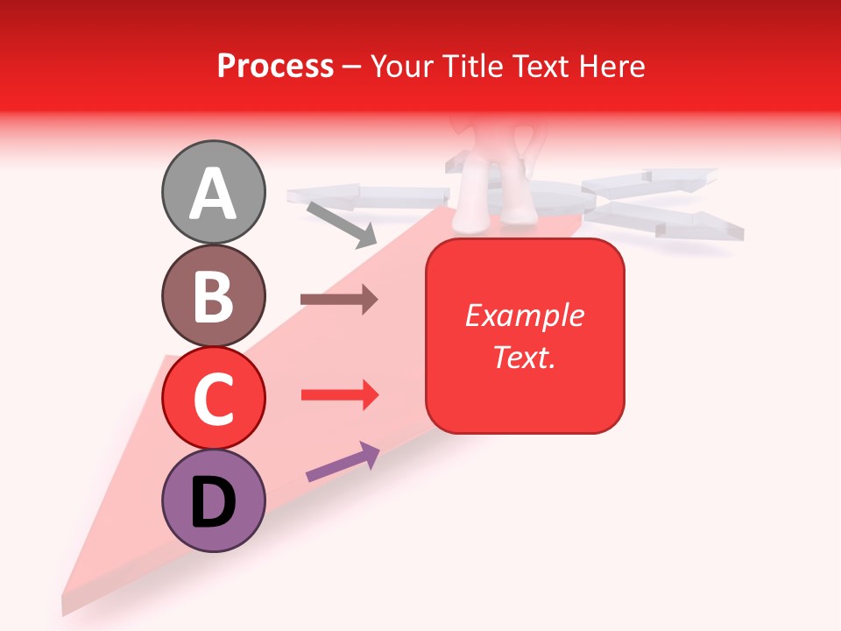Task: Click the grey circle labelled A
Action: coord(214,192)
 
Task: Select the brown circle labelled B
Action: coord(214,295)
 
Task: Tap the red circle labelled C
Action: coord(214,398)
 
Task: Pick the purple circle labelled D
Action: coord(214,500)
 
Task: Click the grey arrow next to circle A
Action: coord(342,224)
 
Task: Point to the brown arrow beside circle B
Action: coord(339,300)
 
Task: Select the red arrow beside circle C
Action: coord(340,395)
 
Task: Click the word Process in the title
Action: coord(275,66)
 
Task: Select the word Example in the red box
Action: coord(524,315)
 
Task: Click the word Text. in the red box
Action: coord(524,357)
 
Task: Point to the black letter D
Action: coord(214,502)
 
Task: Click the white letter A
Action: coord(214,194)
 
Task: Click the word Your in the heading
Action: coord(399,66)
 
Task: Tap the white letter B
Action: coord(214,296)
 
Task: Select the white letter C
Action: coord(214,399)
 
